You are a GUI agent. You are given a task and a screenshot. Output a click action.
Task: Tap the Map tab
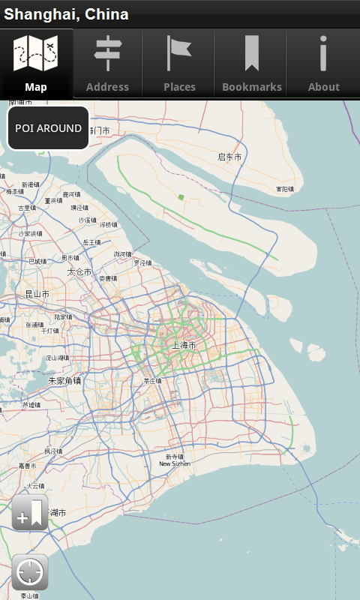click(x=36, y=64)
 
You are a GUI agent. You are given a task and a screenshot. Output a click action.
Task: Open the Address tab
click(x=107, y=64)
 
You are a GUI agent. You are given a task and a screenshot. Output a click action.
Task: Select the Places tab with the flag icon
click(x=179, y=64)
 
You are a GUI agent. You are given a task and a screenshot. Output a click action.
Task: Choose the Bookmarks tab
click(x=252, y=64)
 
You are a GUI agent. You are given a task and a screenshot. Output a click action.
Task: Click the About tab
click(x=324, y=64)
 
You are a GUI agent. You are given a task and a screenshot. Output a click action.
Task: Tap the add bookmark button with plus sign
click(x=30, y=513)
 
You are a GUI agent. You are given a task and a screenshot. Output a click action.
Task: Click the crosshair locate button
click(x=30, y=572)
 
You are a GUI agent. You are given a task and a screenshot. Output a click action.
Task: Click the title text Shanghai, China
click(x=66, y=14)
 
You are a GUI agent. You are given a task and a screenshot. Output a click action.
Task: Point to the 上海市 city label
click(x=184, y=345)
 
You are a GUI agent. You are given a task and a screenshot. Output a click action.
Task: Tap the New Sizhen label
click(x=175, y=463)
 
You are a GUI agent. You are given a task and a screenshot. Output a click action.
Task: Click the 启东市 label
click(x=229, y=157)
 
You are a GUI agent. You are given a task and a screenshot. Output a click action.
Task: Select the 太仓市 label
click(x=79, y=271)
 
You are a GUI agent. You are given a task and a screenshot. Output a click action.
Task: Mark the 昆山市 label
click(x=37, y=294)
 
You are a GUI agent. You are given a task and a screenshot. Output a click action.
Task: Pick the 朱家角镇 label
click(x=64, y=380)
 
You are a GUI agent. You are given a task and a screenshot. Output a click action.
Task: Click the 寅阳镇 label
click(x=284, y=189)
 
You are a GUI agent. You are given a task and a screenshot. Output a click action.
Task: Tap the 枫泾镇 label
click(x=53, y=451)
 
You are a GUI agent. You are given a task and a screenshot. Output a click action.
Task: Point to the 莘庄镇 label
click(x=153, y=381)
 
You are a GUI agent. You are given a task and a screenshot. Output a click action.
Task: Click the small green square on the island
click(x=181, y=197)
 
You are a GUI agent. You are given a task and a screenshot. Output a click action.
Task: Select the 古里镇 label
click(x=26, y=208)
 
